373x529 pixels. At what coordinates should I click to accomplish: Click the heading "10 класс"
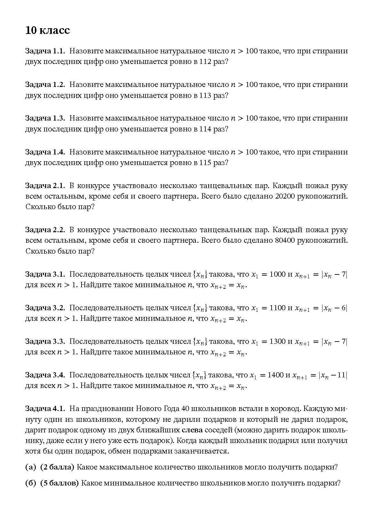click(47, 30)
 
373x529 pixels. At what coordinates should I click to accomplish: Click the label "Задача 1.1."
click(45, 51)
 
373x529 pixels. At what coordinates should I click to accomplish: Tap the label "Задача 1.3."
click(45, 118)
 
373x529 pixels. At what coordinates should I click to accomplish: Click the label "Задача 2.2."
click(45, 230)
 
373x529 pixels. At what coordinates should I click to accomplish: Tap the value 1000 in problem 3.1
click(277, 274)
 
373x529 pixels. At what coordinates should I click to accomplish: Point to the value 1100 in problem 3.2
click(277, 308)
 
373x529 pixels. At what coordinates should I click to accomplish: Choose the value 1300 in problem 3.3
click(277, 342)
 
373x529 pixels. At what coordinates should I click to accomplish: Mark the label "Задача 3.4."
click(45, 375)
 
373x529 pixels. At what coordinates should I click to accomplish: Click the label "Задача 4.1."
click(45, 409)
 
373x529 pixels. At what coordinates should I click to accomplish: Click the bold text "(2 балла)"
click(57, 467)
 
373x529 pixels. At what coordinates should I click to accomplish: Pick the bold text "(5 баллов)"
click(60, 483)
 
